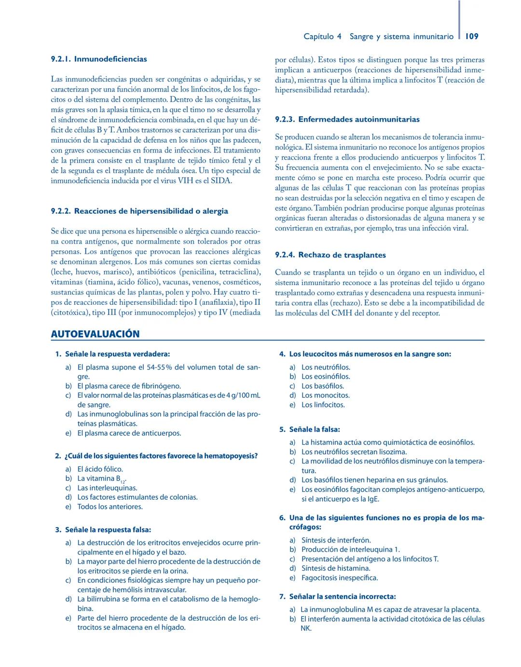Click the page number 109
[x=472, y=36]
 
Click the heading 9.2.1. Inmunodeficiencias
[x=99, y=59]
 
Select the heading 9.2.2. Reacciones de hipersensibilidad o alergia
[x=139, y=211]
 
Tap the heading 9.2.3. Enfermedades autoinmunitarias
[x=347, y=120]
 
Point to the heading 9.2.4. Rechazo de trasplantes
[x=330, y=255]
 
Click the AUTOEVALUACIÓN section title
[x=95, y=334]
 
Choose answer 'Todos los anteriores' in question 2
[x=110, y=507]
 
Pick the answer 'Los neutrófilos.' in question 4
[x=326, y=368]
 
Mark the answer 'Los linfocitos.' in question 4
[x=323, y=405]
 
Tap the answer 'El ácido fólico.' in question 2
[x=100, y=469]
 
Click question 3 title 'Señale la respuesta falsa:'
[x=108, y=530]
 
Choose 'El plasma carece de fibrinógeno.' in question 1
[x=129, y=386]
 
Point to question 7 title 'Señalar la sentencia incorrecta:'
[x=342, y=597]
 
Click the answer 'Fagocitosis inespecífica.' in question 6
[x=340, y=578]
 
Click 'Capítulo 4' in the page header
[x=322, y=37]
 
